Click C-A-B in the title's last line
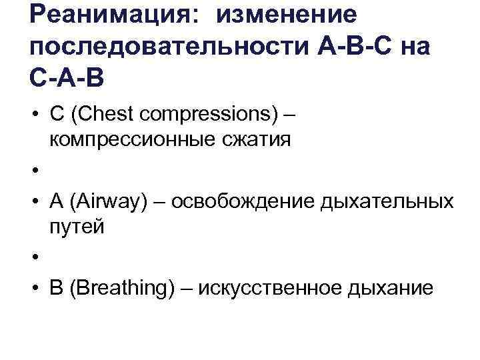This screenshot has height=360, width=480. pos(67,81)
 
